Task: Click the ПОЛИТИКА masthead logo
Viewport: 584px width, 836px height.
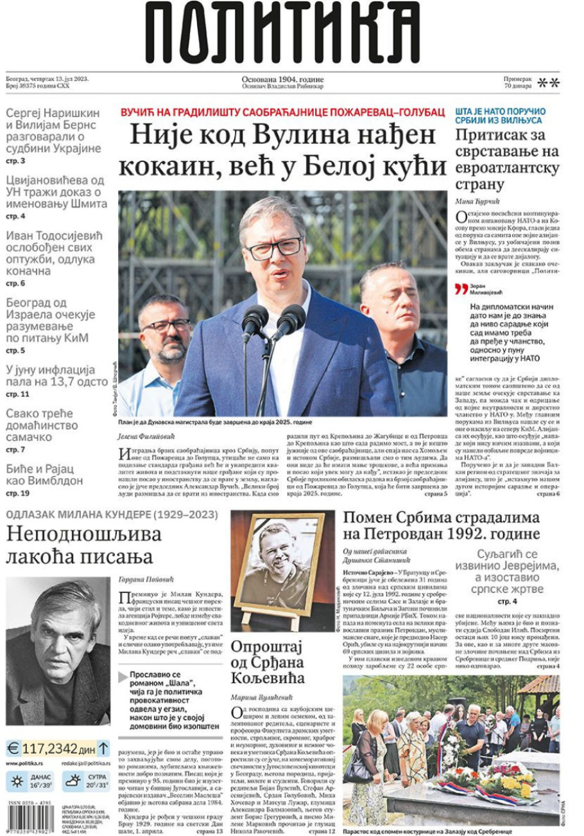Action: (282, 32)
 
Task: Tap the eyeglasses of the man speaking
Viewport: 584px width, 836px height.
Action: (274, 248)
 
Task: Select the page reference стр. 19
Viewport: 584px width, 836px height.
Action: (18, 494)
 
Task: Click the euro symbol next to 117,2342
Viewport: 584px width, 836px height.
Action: (13, 749)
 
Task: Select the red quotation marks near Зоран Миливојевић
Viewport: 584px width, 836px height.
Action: (461, 289)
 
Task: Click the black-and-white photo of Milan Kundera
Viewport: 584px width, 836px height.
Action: (58, 650)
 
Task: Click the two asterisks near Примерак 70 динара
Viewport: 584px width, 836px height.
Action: (548, 83)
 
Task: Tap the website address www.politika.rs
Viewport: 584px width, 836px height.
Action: (24, 763)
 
